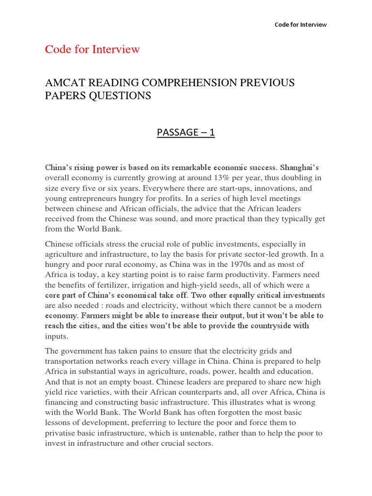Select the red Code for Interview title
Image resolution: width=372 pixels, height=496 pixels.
point(92,49)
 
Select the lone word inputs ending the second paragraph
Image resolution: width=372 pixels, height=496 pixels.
point(57,336)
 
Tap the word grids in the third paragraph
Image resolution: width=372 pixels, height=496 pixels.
point(279,351)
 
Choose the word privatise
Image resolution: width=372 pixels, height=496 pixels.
point(62,433)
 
